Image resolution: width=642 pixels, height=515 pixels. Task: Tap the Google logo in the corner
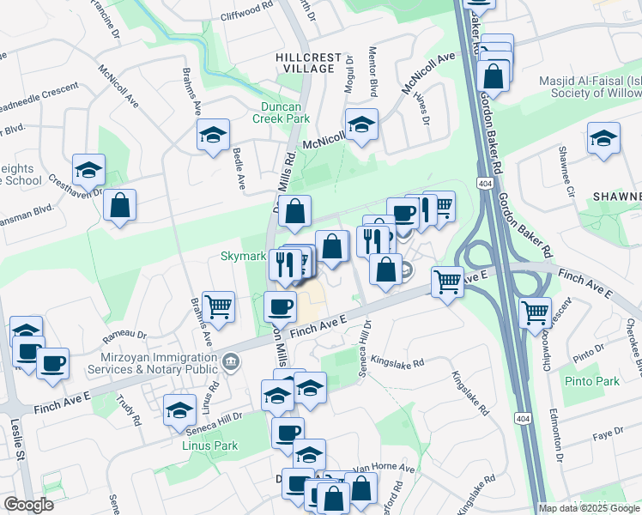point(28,505)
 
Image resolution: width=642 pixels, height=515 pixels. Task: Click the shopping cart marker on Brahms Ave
point(219,306)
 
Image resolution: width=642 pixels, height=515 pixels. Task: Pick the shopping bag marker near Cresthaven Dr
point(120,205)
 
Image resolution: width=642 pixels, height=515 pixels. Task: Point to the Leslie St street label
point(15,451)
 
